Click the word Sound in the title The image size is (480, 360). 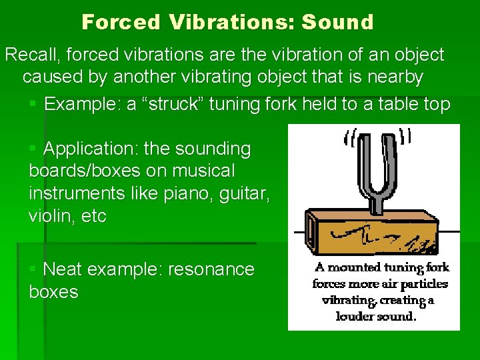click(x=337, y=22)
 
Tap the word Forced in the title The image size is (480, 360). click(x=121, y=22)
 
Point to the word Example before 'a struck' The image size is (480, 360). click(x=82, y=104)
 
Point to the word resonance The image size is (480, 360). click(x=211, y=269)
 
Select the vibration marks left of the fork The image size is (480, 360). click(x=350, y=140)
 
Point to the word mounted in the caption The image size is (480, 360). click(x=357, y=268)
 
